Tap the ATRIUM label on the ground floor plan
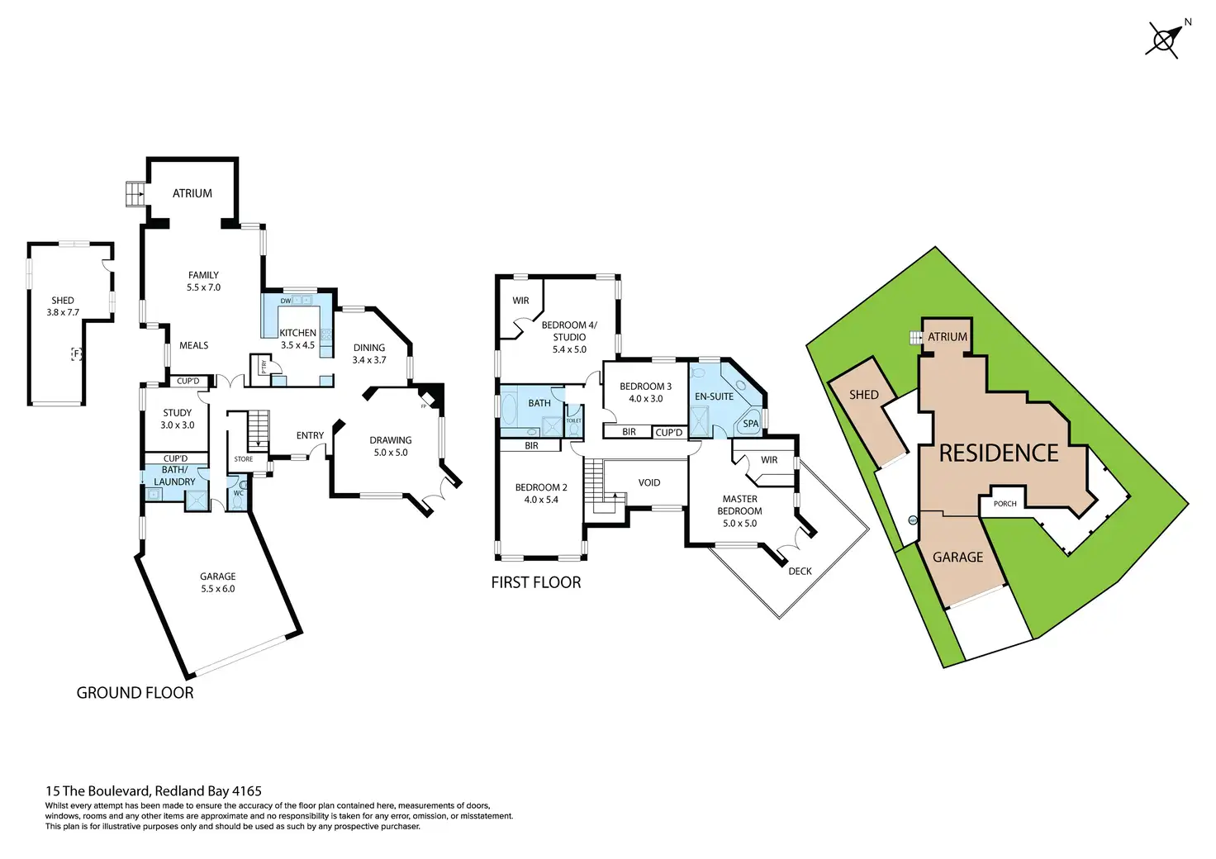click(x=192, y=193)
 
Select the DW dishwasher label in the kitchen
click(x=286, y=301)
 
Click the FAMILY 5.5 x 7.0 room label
click(x=203, y=281)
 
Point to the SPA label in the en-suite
click(x=750, y=424)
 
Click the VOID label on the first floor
click(x=649, y=482)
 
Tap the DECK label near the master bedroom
click(x=800, y=571)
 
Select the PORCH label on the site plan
click(x=1005, y=503)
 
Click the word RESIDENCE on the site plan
click(x=999, y=453)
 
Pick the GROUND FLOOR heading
click(x=135, y=693)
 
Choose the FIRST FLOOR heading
click(x=536, y=582)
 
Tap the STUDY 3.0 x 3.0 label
click(x=178, y=419)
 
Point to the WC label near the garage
click(x=238, y=493)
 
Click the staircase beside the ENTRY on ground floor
click(x=259, y=429)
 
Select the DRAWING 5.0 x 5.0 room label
click(x=391, y=446)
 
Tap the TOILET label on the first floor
click(x=573, y=420)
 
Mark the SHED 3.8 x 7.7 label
click(x=63, y=306)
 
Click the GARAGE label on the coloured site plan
click(x=957, y=557)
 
